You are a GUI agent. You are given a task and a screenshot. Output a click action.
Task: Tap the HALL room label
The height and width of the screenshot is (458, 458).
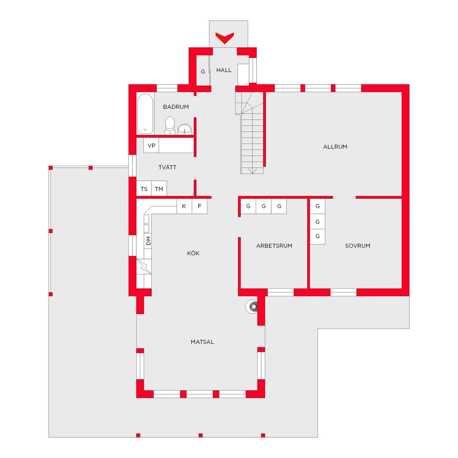coord(224,70)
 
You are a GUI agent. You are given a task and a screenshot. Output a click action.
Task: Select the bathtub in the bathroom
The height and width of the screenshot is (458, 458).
coord(145,114)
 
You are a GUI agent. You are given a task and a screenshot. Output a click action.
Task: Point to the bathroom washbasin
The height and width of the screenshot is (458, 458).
coord(185,129)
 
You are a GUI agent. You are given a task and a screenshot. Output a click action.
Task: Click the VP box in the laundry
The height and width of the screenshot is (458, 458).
coord(151,146)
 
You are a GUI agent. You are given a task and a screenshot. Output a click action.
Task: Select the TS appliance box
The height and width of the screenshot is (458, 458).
coord(144,189)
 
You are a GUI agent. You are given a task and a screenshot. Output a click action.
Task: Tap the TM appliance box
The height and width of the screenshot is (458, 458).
coord(159,189)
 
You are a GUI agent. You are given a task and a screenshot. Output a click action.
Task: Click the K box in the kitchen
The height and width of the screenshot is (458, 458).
coord(184,206)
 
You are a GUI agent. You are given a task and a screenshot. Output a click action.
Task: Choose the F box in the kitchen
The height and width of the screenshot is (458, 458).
coord(200,206)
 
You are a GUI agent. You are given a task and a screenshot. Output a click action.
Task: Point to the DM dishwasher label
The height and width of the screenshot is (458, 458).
coord(148,241)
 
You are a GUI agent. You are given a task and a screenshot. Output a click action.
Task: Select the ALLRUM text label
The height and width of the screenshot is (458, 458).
coord(335,147)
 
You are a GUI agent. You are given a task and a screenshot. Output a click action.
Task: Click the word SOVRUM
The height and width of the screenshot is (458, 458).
coord(357,246)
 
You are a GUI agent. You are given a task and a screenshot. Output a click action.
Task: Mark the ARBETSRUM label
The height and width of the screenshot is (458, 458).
coord(274,246)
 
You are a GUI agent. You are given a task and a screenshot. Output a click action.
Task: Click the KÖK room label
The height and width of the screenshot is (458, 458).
coord(193,253)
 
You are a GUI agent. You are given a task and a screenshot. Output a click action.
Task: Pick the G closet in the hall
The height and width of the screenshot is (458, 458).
coord(203,72)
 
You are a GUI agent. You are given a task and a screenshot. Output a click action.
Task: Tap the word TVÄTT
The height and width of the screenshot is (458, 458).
coord(167,167)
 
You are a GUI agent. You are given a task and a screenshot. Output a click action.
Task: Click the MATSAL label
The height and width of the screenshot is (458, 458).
coord(202,342)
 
